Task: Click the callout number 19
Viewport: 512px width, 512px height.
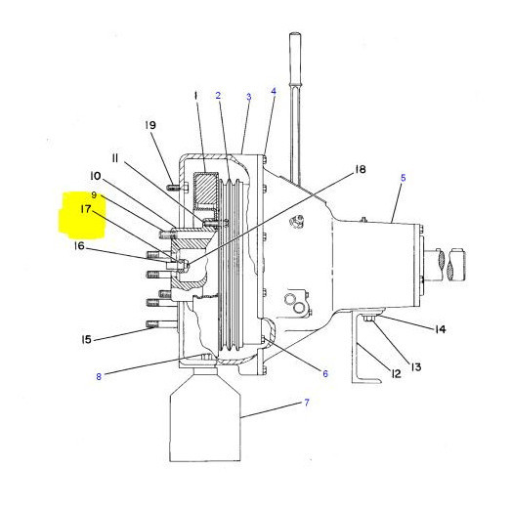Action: [150, 125]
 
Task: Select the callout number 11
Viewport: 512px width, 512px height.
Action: [114, 158]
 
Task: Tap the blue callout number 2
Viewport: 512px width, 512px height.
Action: [218, 96]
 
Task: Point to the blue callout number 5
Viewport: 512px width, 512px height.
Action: [404, 178]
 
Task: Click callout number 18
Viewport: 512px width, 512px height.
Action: [361, 169]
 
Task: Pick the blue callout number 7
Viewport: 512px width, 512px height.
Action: [307, 403]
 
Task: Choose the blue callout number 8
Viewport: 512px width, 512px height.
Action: [99, 376]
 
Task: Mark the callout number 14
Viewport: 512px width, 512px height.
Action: [440, 329]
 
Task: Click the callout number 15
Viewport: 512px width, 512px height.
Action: [86, 340]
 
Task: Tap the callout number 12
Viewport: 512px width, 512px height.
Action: [396, 373]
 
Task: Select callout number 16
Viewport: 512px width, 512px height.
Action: [79, 245]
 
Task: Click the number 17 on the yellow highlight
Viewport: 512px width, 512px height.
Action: [86, 209]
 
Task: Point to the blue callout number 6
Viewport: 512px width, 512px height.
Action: [325, 373]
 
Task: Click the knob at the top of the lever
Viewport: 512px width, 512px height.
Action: [295, 36]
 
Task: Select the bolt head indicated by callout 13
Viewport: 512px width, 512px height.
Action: [369, 319]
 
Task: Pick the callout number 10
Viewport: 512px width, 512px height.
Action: [96, 176]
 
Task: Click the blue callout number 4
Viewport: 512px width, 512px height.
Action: [274, 91]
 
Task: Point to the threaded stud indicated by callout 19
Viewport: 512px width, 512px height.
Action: [173, 188]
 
